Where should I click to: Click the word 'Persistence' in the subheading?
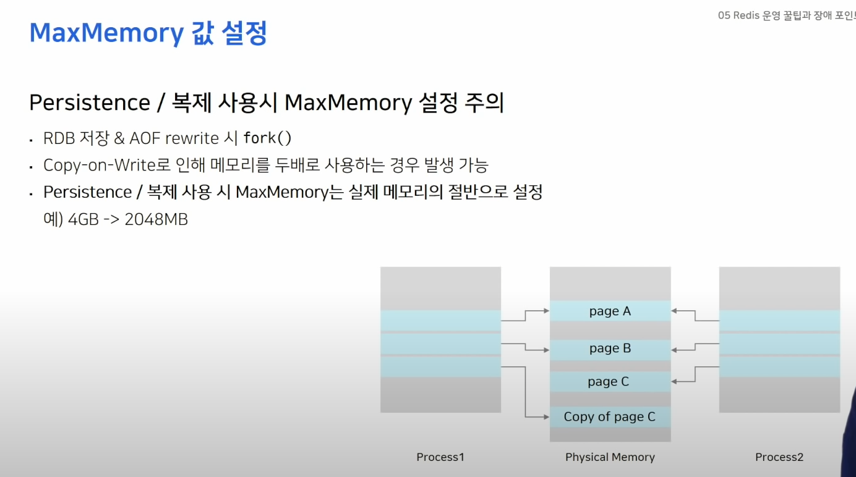[89, 103]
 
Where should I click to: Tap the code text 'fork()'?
[267, 138]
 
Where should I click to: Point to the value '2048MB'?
[156, 219]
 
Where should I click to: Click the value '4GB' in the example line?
[83, 219]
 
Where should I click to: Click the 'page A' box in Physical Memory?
[610, 311]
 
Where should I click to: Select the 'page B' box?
[610, 348]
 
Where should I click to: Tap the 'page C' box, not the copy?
[609, 382]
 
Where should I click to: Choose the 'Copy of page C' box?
[610, 417]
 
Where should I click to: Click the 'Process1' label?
[440, 457]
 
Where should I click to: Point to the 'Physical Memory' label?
[610, 457]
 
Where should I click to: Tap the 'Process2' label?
[779, 457]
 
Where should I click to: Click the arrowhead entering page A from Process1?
[546, 311]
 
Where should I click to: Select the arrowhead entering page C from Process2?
[675, 382]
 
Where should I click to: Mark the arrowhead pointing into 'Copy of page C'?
[546, 417]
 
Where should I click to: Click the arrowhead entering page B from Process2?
[675, 350]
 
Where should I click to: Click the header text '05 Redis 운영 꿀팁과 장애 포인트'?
[785, 15]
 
